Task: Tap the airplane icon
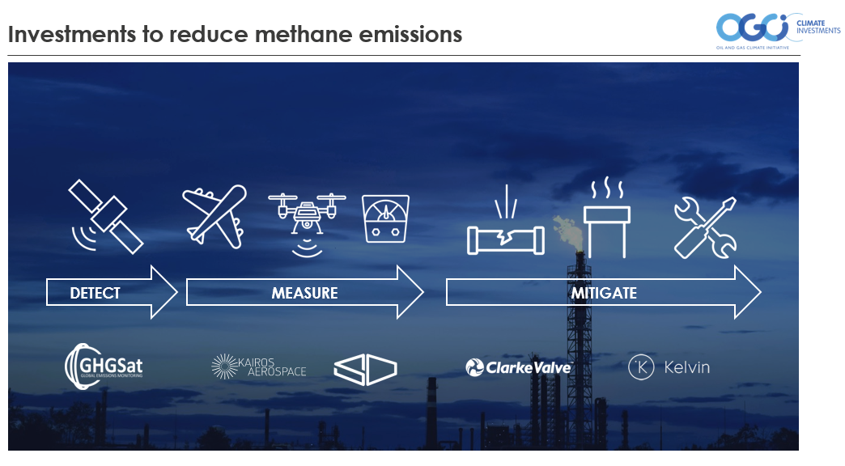coord(215,217)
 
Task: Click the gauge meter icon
coord(386,218)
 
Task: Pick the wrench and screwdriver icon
coord(706,227)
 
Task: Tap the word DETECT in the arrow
coord(95,293)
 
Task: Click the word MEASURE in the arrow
coord(304,293)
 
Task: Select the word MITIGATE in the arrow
coord(604,293)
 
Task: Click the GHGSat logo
coord(104,366)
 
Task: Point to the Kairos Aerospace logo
coord(259,366)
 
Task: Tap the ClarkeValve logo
coord(519,367)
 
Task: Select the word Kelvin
coord(686,367)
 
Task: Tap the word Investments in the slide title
coord(72,34)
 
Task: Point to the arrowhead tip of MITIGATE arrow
coord(761,293)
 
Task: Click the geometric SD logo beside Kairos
coord(365,369)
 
